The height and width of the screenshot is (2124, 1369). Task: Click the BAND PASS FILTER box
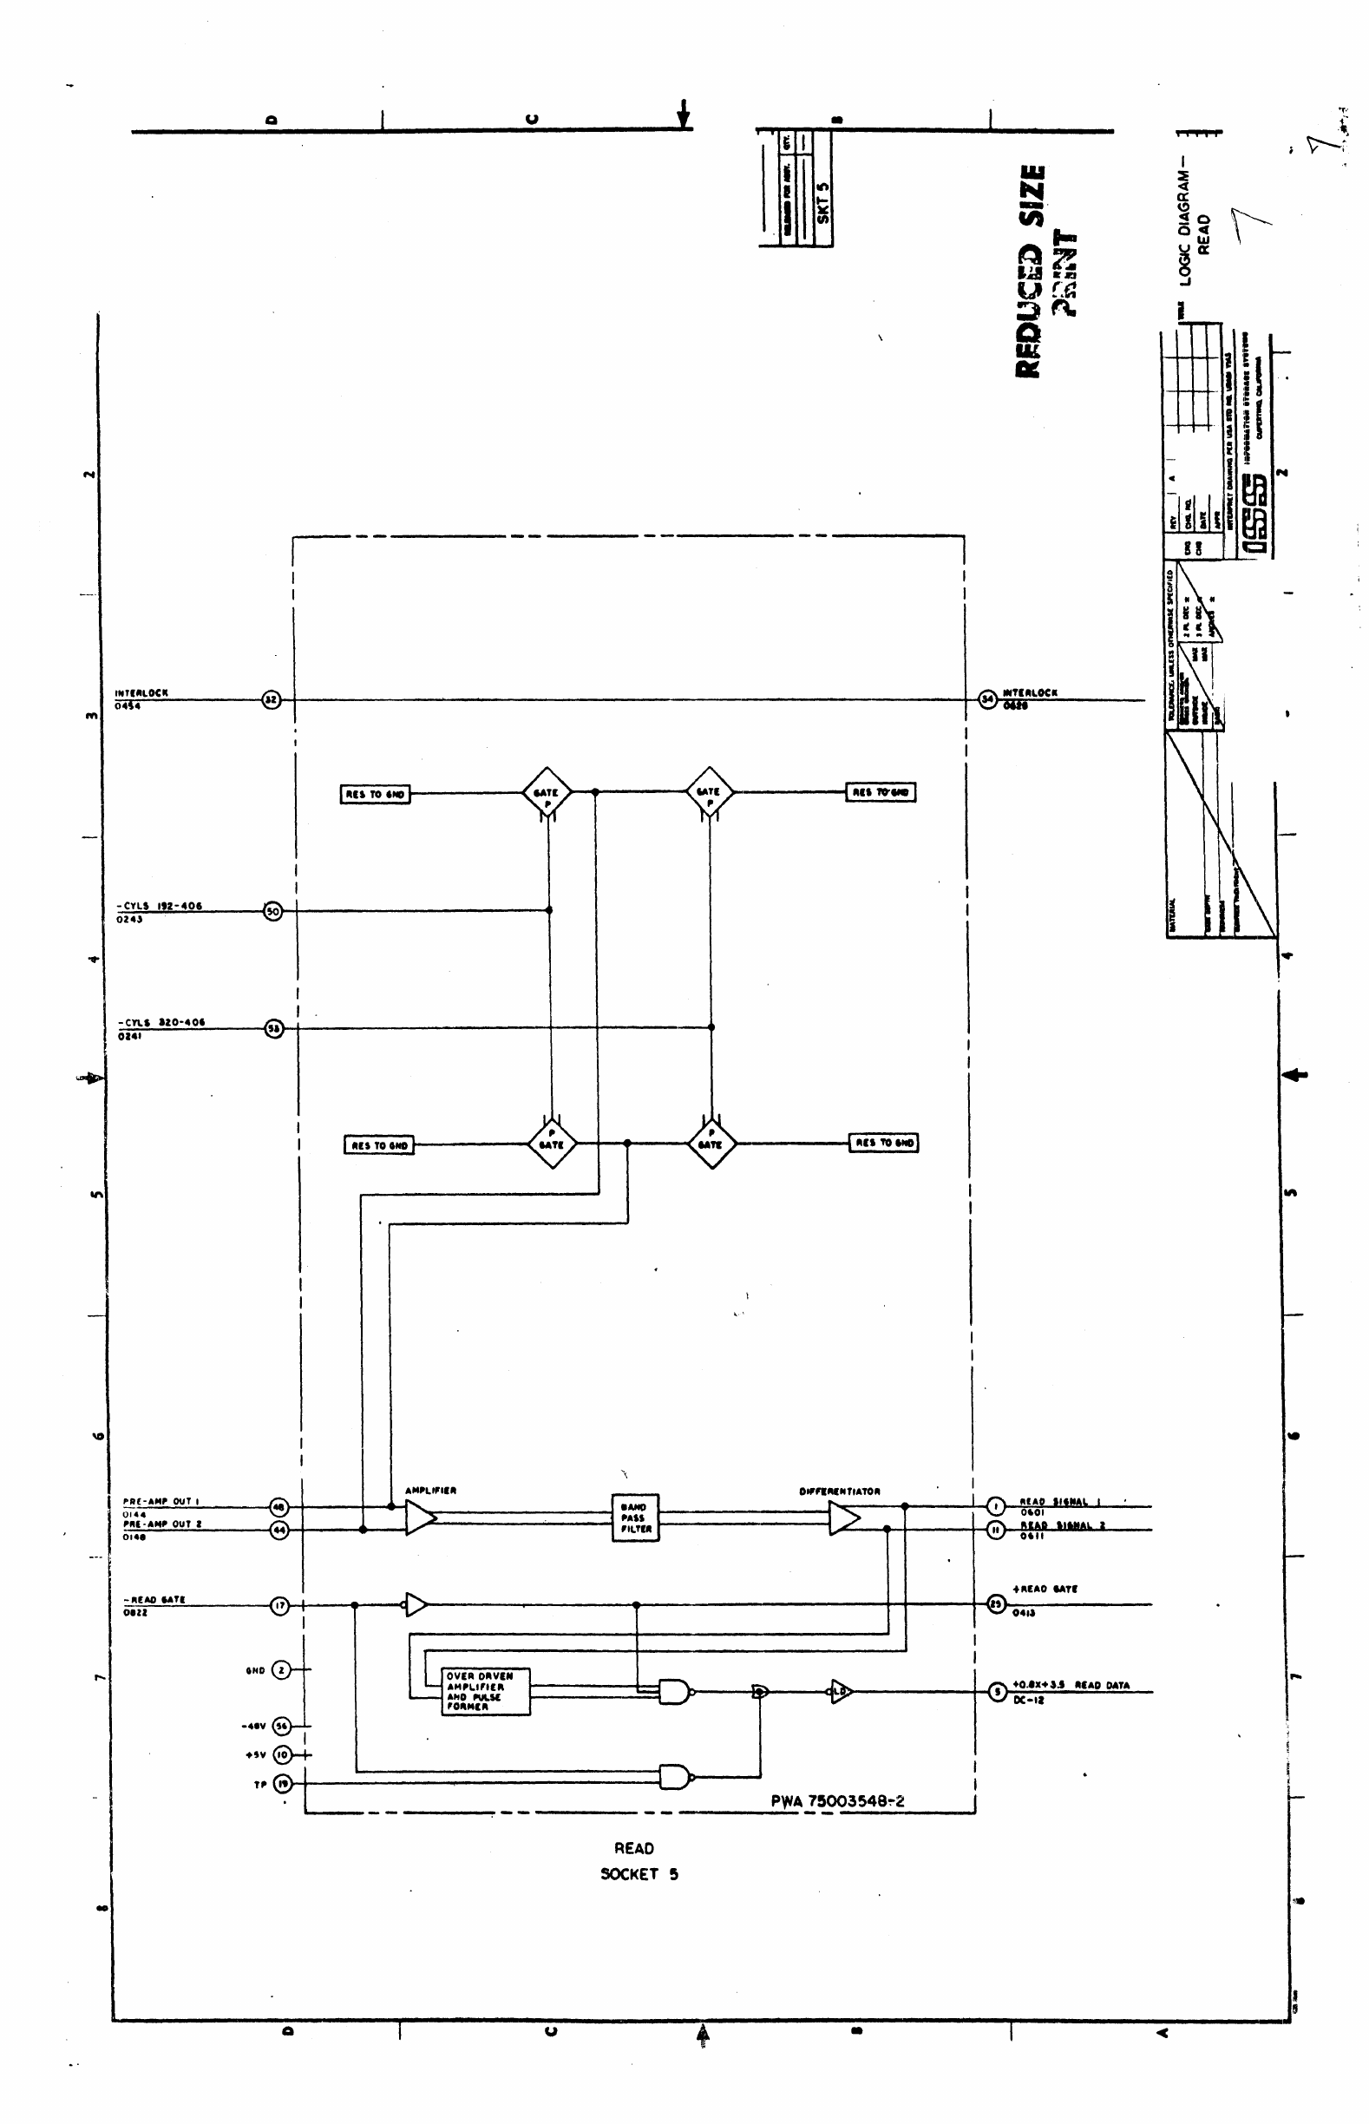point(636,1518)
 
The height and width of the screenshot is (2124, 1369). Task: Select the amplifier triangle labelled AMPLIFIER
point(420,1518)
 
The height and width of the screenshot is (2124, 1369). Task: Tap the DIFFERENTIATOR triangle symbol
point(842,1518)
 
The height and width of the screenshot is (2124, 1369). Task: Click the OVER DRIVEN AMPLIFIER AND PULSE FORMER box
point(486,1690)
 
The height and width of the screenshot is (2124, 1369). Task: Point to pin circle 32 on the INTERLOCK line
point(272,699)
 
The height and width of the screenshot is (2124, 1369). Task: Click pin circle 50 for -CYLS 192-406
point(272,910)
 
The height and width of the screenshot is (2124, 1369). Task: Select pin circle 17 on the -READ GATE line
point(279,1605)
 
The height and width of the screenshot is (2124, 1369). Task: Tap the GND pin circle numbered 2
point(281,1669)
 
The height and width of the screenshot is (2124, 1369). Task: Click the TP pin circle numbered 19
point(282,1783)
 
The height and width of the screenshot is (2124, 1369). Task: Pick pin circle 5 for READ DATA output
point(998,1690)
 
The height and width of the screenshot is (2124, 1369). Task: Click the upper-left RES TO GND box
point(375,794)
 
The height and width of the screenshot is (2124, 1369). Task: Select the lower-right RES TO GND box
point(885,1143)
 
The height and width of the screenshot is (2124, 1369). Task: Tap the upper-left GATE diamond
point(547,792)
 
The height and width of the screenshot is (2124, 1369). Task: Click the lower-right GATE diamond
point(711,1144)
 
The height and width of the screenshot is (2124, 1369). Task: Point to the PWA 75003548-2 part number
point(837,1800)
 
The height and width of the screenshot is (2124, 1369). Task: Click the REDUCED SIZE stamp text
point(1031,272)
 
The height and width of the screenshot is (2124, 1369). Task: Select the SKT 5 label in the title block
point(822,203)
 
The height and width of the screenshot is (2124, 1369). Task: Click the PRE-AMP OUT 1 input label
point(160,1501)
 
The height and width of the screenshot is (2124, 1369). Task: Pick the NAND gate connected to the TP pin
point(674,1776)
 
